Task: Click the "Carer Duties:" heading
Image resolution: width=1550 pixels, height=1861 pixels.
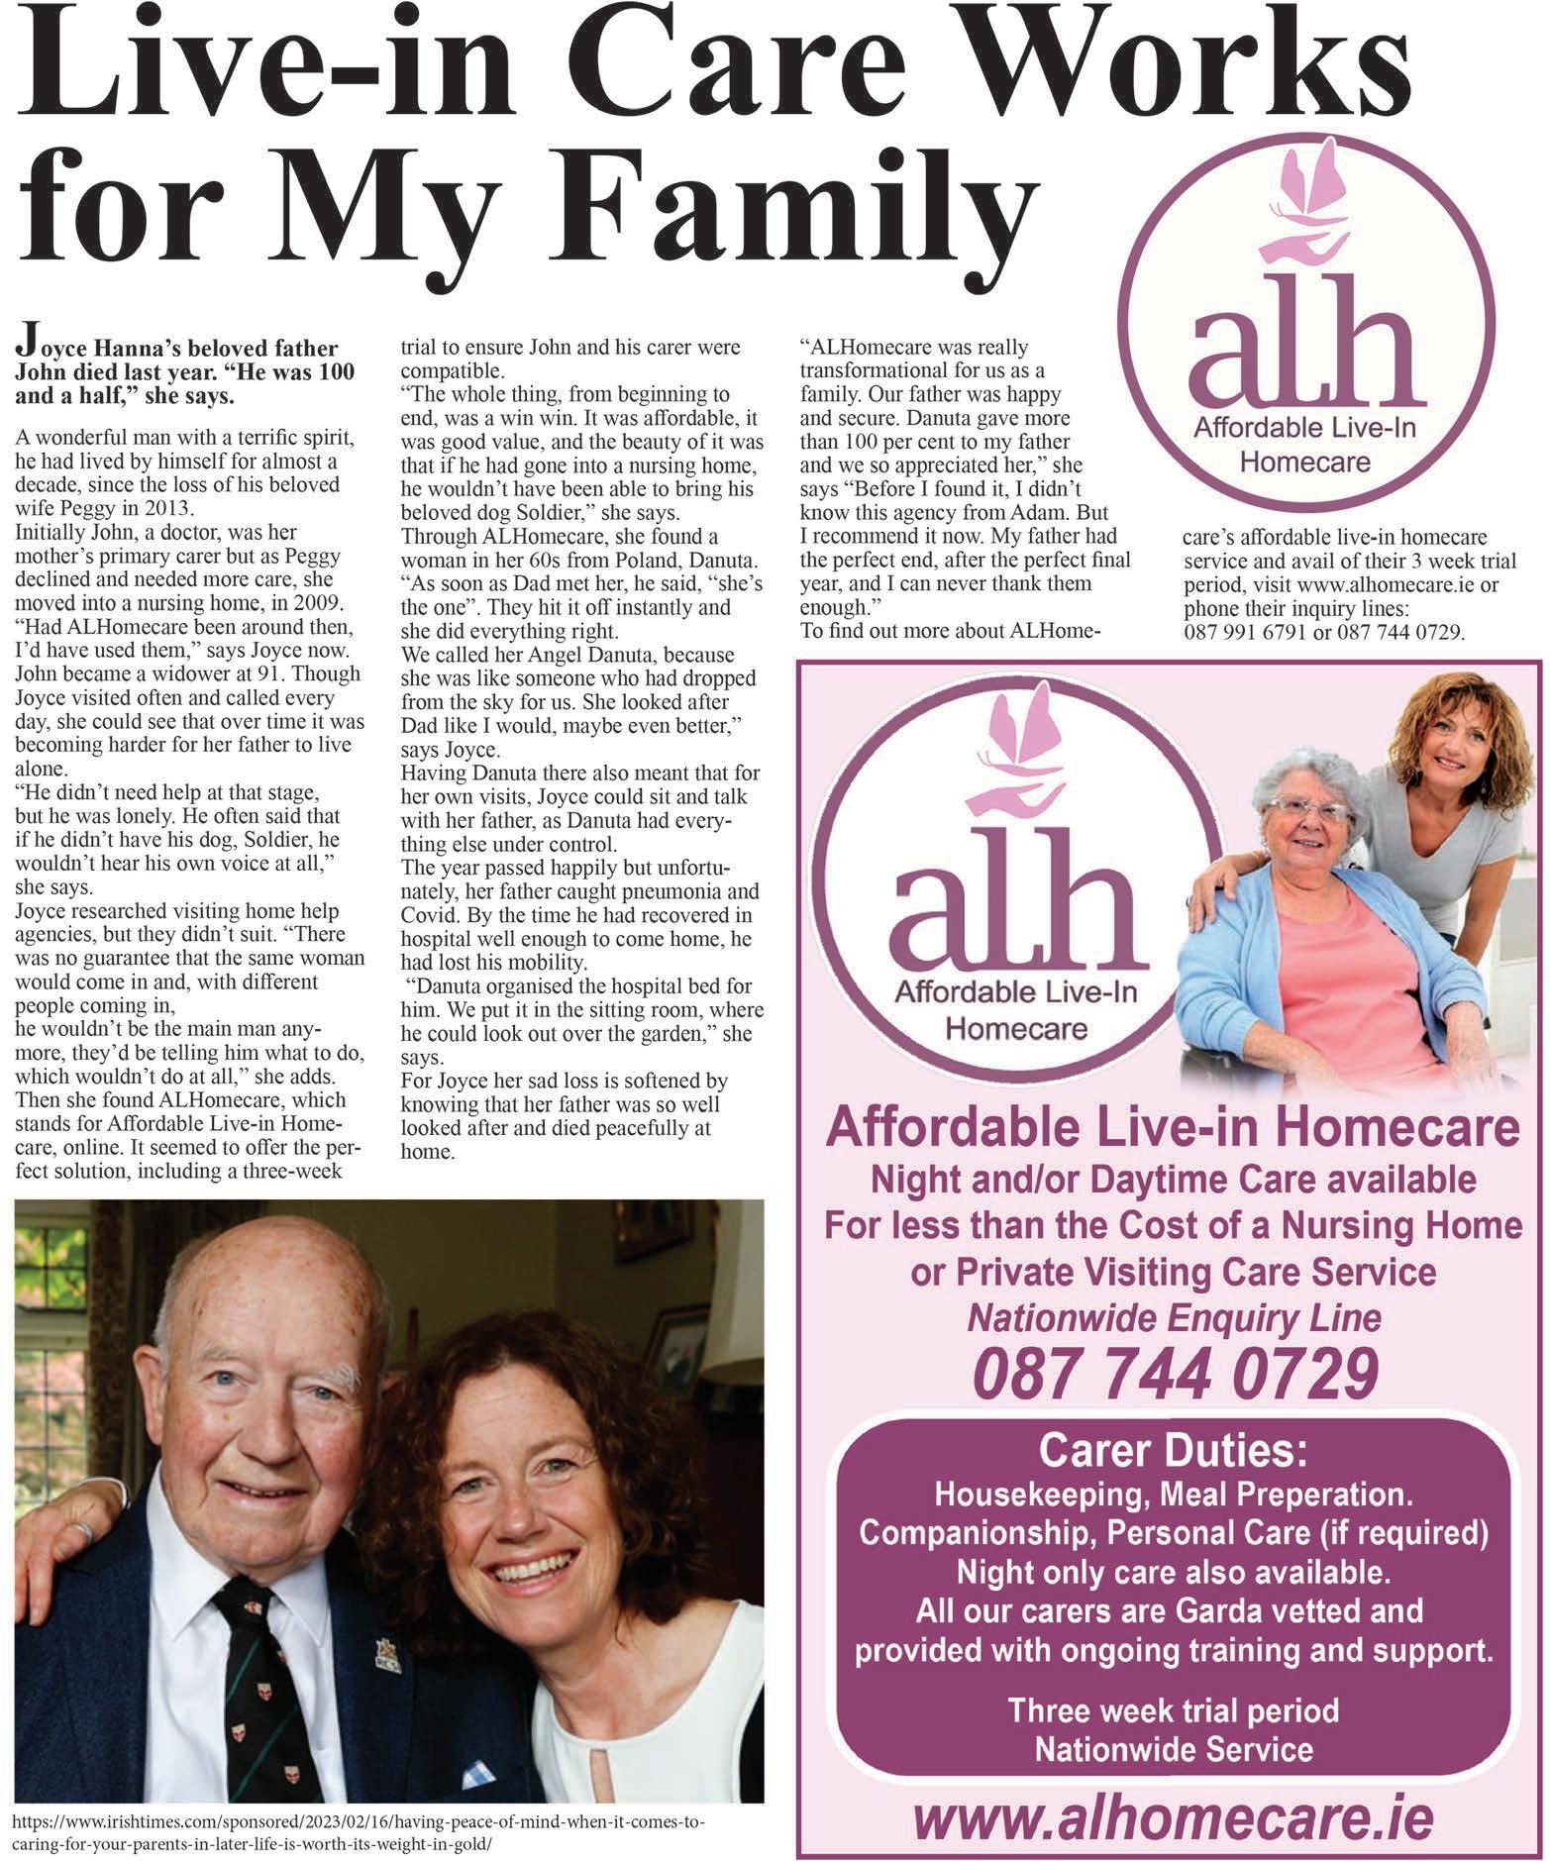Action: click(1174, 1452)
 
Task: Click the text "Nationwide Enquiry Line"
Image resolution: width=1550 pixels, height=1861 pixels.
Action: click(1174, 1318)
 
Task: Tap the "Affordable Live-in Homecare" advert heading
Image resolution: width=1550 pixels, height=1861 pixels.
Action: click(1174, 1128)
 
